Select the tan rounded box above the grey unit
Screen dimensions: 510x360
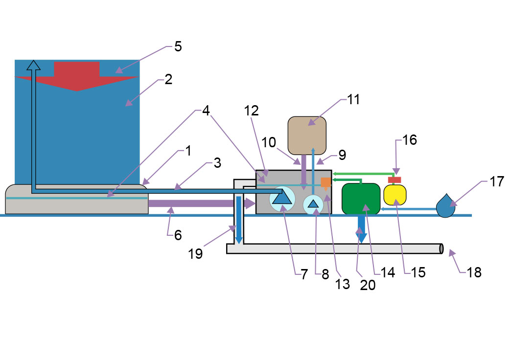tap(307, 135)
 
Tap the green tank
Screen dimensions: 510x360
tap(361, 199)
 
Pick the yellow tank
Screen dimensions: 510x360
tap(395, 195)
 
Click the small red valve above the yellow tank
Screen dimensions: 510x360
tap(394, 180)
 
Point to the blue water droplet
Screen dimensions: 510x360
tap(445, 206)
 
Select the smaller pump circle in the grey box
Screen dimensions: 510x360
tap(313, 204)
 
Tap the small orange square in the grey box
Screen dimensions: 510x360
tap(326, 182)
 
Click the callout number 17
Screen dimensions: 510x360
tap(497, 181)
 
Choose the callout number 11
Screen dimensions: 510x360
tap(353, 99)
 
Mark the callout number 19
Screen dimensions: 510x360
tap(195, 254)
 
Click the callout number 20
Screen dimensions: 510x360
tap(368, 285)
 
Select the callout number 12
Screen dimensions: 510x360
tap(252, 111)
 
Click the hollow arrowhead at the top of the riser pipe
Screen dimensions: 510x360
tap(33, 65)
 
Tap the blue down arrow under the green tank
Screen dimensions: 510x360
tap(361, 229)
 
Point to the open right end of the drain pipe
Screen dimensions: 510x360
tap(441, 248)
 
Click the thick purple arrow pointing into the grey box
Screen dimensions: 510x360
tap(202, 203)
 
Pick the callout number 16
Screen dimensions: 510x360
tap(410, 140)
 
